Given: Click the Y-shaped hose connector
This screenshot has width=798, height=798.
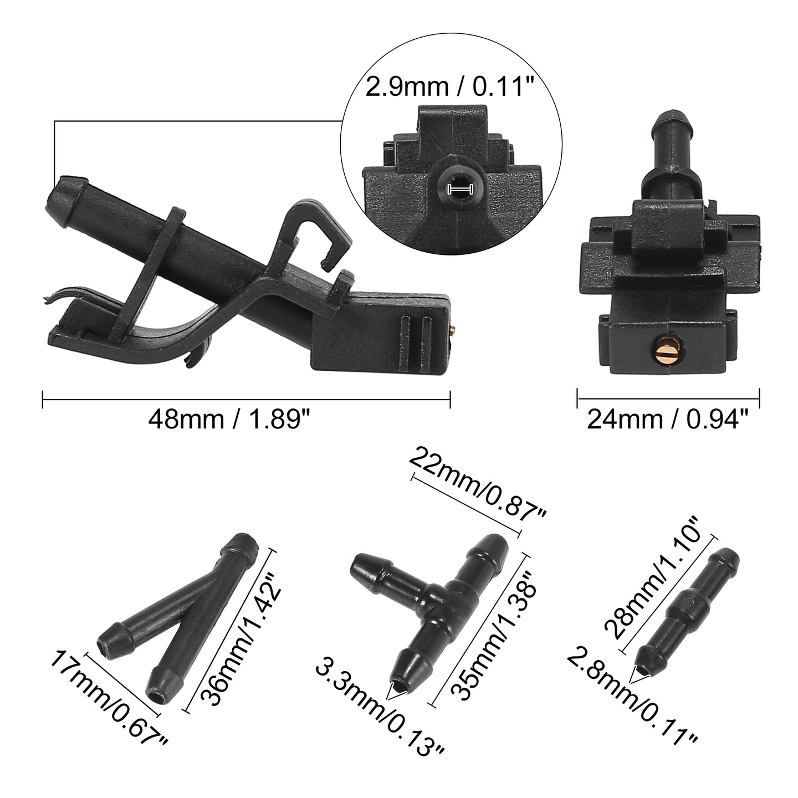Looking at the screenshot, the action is point(178,615).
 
